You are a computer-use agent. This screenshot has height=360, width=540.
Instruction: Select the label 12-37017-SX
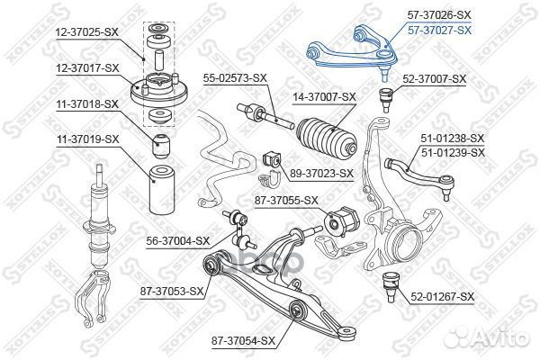click(x=87, y=68)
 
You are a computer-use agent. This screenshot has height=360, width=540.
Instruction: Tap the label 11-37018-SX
click(x=87, y=104)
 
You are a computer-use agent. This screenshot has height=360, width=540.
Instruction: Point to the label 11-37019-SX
click(x=87, y=139)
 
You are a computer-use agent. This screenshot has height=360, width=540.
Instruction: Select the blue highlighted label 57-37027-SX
click(x=439, y=30)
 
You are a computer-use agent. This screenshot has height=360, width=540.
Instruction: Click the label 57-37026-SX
click(x=439, y=15)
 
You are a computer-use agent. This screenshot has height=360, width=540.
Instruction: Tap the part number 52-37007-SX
click(x=435, y=79)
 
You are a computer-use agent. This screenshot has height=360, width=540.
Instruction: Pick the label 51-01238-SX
click(x=454, y=139)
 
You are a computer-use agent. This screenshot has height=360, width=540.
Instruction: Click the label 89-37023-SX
click(x=321, y=172)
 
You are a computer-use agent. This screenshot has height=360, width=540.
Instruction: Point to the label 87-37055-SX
click(x=288, y=200)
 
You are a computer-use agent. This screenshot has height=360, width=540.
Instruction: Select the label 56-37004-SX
click(x=177, y=240)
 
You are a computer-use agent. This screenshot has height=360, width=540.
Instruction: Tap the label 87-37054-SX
click(x=244, y=340)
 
